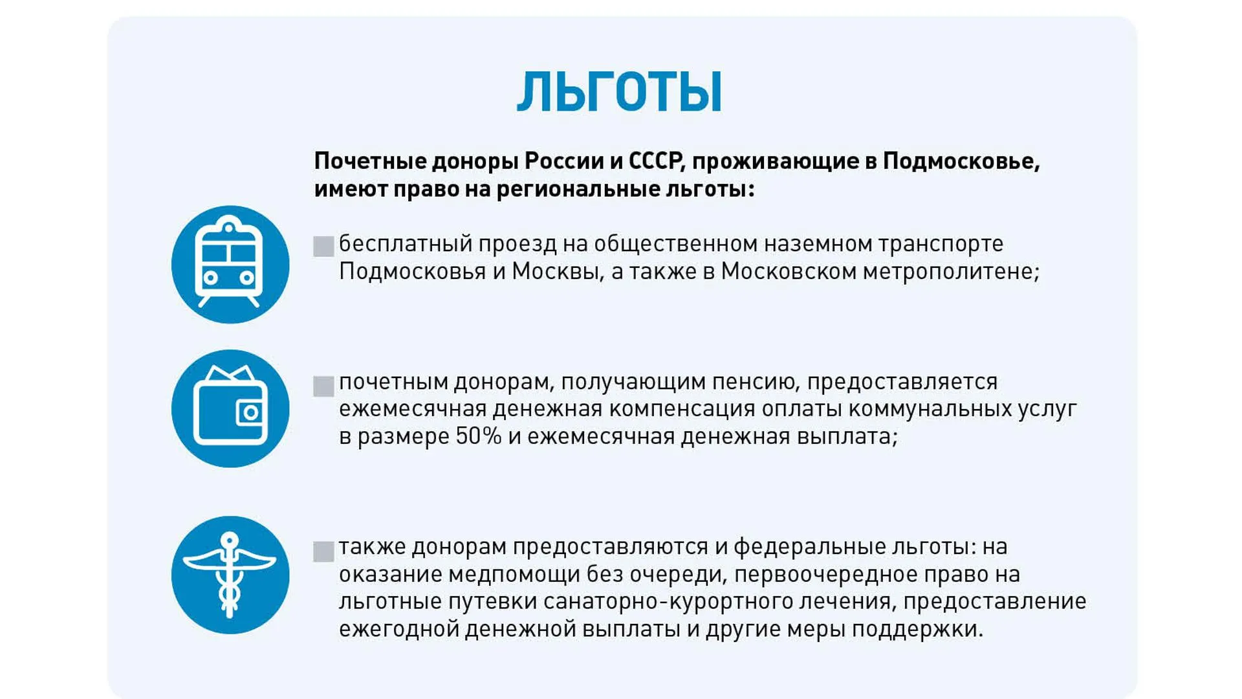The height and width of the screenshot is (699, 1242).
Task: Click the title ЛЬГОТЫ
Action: point(619,92)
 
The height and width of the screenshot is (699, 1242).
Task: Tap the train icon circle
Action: point(230,264)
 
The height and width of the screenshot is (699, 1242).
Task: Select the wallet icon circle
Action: point(230,408)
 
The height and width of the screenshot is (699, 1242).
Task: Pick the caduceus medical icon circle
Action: point(230,575)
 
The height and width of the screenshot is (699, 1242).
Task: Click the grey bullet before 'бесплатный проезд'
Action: point(323,247)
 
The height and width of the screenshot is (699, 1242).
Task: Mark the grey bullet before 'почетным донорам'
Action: point(323,386)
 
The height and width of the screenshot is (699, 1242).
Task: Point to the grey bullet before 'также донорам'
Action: point(323,551)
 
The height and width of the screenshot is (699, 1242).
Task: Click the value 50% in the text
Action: point(479,436)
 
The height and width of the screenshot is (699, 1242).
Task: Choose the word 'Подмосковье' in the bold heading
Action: point(961,161)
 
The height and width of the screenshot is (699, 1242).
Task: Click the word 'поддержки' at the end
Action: point(917,629)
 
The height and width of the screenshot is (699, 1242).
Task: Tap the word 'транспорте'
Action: point(941,244)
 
